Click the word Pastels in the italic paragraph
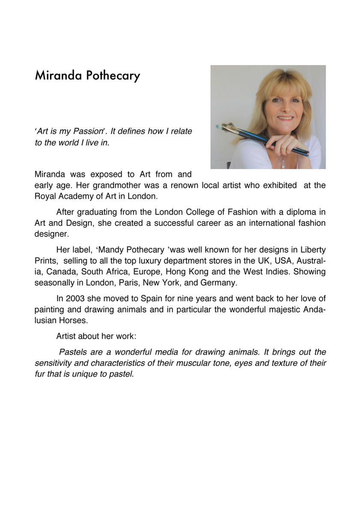coord(73,352)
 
